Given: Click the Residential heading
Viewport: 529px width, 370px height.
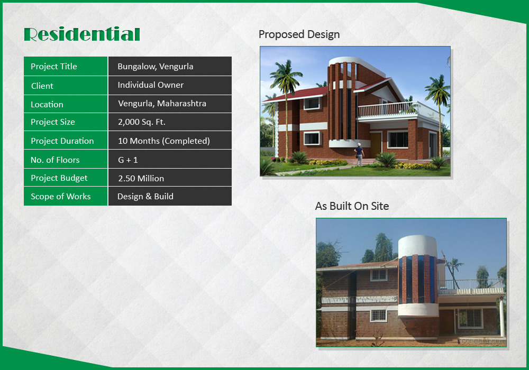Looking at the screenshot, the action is pyautogui.click(x=82, y=34).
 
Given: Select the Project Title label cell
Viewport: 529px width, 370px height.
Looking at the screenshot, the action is pyautogui.click(x=66, y=66).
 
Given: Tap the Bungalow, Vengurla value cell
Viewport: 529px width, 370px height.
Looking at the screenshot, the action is pyautogui.click(x=170, y=66).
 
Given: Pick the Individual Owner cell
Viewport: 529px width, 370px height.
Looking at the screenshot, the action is pyautogui.click(x=170, y=85).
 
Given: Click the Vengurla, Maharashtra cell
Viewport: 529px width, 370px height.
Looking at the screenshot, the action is pyautogui.click(x=170, y=104).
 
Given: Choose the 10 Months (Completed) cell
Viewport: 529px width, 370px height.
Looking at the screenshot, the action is pyautogui.click(x=170, y=141).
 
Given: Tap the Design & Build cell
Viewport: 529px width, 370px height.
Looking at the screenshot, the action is pyautogui.click(x=170, y=196).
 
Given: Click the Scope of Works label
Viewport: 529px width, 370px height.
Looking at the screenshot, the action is pyautogui.click(x=61, y=197).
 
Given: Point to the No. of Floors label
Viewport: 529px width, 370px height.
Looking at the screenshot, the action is pyautogui.click(x=55, y=160).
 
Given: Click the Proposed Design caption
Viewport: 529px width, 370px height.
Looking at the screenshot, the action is pyautogui.click(x=299, y=34).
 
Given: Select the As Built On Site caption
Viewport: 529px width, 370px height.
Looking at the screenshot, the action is pyautogui.click(x=352, y=206).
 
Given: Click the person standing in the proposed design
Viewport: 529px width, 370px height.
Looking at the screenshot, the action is pyautogui.click(x=359, y=154).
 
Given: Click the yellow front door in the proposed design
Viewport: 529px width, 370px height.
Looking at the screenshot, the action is pyautogui.click(x=375, y=144).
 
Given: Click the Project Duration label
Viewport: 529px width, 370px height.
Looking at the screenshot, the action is pyautogui.click(x=62, y=141).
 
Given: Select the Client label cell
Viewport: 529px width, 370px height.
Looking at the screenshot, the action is pyautogui.click(x=66, y=85).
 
